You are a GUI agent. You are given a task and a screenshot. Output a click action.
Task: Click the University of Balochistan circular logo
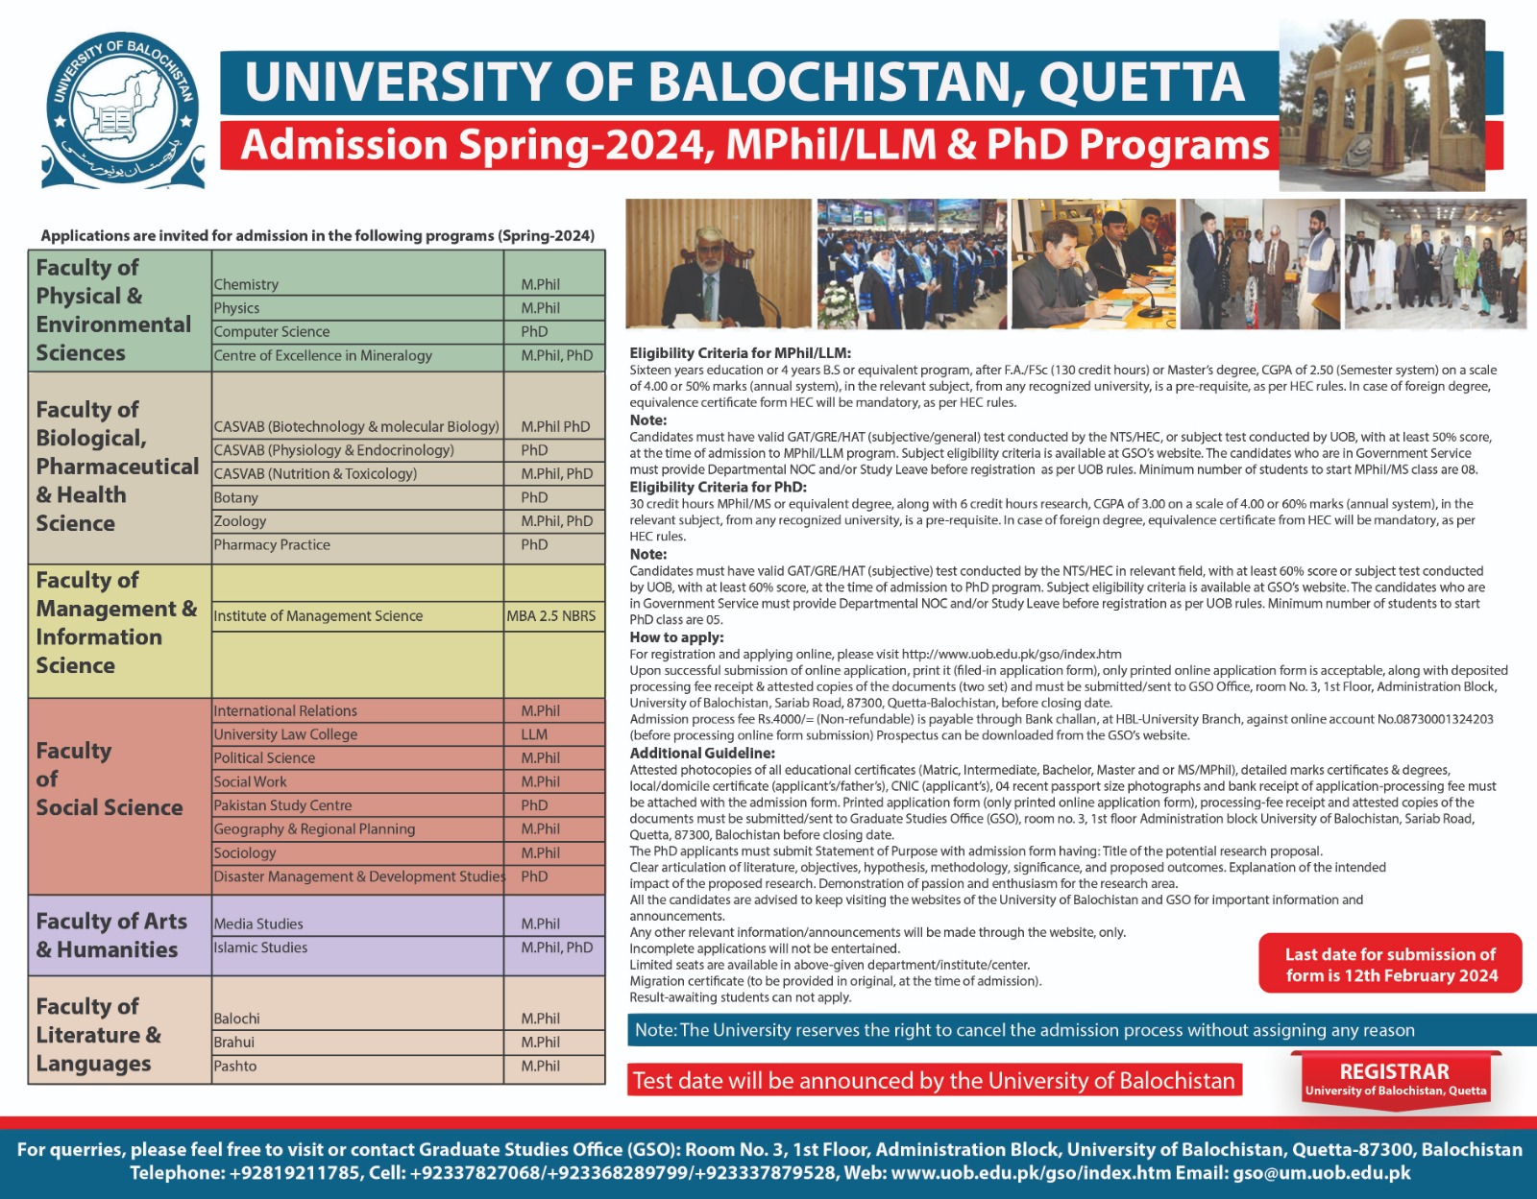(122, 110)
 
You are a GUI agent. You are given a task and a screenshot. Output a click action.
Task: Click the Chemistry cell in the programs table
(247, 284)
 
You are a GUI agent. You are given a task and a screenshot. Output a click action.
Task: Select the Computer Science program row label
(272, 331)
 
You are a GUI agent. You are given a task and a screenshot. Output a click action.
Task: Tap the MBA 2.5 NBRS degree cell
(551, 616)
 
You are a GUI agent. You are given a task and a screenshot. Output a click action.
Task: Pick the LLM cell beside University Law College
(535, 734)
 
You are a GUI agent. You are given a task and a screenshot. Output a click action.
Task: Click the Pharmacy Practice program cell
(272, 544)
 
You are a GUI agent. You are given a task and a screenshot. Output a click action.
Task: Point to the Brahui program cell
(234, 1042)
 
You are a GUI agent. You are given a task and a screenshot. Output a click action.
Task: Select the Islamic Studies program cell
(260, 947)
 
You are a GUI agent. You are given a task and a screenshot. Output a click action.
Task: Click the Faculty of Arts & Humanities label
(110, 935)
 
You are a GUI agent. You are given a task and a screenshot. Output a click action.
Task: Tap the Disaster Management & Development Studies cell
(358, 876)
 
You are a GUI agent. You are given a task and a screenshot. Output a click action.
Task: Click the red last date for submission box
(1390, 964)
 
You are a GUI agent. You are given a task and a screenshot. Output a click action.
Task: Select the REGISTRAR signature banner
(1395, 1078)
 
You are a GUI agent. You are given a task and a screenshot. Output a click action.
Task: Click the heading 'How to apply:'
(676, 637)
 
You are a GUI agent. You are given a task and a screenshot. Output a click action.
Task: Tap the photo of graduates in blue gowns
(912, 264)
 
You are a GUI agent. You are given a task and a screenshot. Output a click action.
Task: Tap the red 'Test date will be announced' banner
(934, 1080)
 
